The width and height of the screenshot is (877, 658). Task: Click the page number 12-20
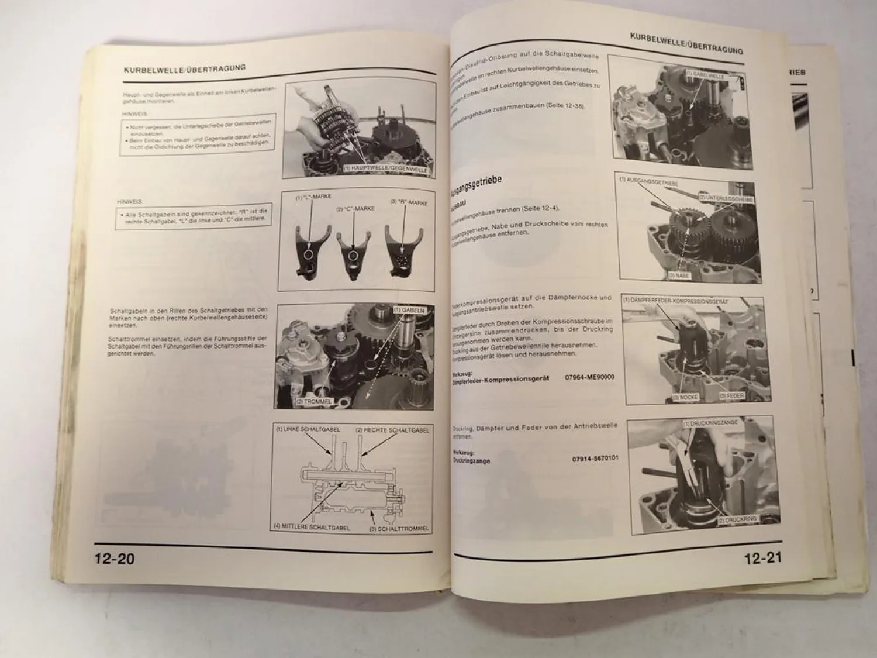115,559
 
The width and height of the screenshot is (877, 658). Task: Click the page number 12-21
762,559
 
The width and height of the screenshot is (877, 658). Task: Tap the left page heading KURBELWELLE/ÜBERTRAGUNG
185,68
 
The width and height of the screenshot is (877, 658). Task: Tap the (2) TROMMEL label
314,402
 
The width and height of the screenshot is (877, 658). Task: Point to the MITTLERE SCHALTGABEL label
312,527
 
